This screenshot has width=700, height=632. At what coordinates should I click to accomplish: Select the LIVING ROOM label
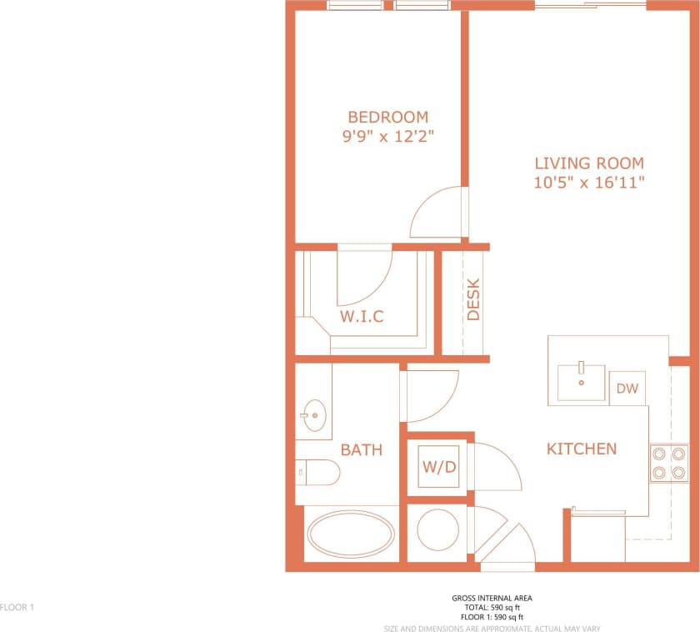coord(589,163)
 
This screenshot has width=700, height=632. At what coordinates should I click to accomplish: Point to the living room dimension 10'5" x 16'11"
coord(589,183)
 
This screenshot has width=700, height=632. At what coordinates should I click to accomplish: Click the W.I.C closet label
coord(362,317)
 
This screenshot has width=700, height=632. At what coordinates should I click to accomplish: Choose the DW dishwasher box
coord(627,388)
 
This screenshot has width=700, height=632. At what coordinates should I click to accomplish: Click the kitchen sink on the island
coord(581,382)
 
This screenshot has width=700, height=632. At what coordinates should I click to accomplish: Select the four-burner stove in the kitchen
coord(668,463)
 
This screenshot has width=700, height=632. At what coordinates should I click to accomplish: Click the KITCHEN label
coord(581,449)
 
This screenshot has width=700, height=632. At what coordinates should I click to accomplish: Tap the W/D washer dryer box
coord(438,467)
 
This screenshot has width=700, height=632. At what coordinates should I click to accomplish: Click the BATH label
coord(361,450)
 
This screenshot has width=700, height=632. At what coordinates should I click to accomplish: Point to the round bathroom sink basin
coord(314,413)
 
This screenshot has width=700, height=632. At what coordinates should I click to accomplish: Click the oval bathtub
coord(351,534)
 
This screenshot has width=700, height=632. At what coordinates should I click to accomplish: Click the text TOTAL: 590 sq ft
coord(492,608)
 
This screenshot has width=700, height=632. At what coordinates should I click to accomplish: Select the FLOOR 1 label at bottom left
coord(17,608)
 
